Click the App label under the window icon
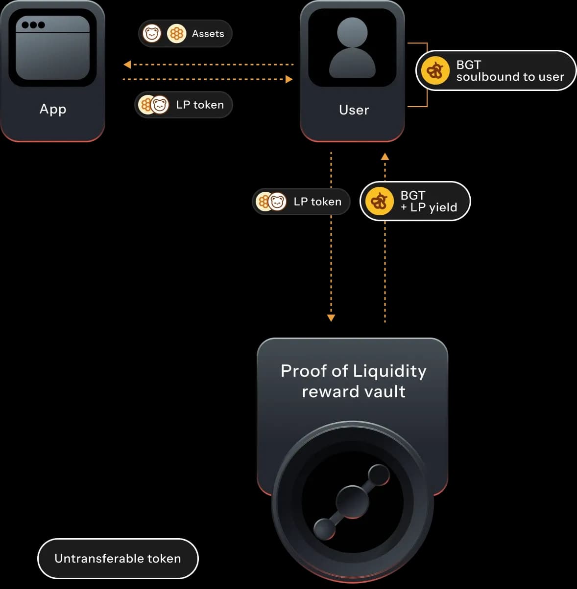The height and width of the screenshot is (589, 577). point(53,109)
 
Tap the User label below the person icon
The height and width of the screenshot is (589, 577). point(354,110)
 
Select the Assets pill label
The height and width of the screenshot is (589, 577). point(208,34)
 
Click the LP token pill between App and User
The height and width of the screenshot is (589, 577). point(184,105)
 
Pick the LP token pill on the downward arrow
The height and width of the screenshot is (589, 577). point(301,202)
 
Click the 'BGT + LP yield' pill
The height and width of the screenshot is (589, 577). point(415,201)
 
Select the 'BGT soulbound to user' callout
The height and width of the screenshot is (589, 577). point(496,70)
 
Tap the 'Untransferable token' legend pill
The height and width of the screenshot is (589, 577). point(118,558)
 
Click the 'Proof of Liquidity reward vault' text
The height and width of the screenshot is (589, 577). point(353,381)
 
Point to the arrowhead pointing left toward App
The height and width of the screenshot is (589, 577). point(127,65)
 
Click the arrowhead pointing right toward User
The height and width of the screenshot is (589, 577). point(289,79)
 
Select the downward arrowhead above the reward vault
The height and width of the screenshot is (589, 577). point(331,318)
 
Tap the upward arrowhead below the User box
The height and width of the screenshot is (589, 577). point(385,157)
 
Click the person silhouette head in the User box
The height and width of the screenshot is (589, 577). point(352,32)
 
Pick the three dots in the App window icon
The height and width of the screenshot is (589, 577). point(33,25)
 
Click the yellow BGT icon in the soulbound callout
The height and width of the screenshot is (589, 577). point(435,70)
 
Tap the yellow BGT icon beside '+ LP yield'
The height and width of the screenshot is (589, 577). point(379,201)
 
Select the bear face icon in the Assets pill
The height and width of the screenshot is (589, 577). point(152,34)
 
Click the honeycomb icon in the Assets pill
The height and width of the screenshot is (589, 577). point(176,34)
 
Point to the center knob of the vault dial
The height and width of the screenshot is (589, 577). point(352,502)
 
